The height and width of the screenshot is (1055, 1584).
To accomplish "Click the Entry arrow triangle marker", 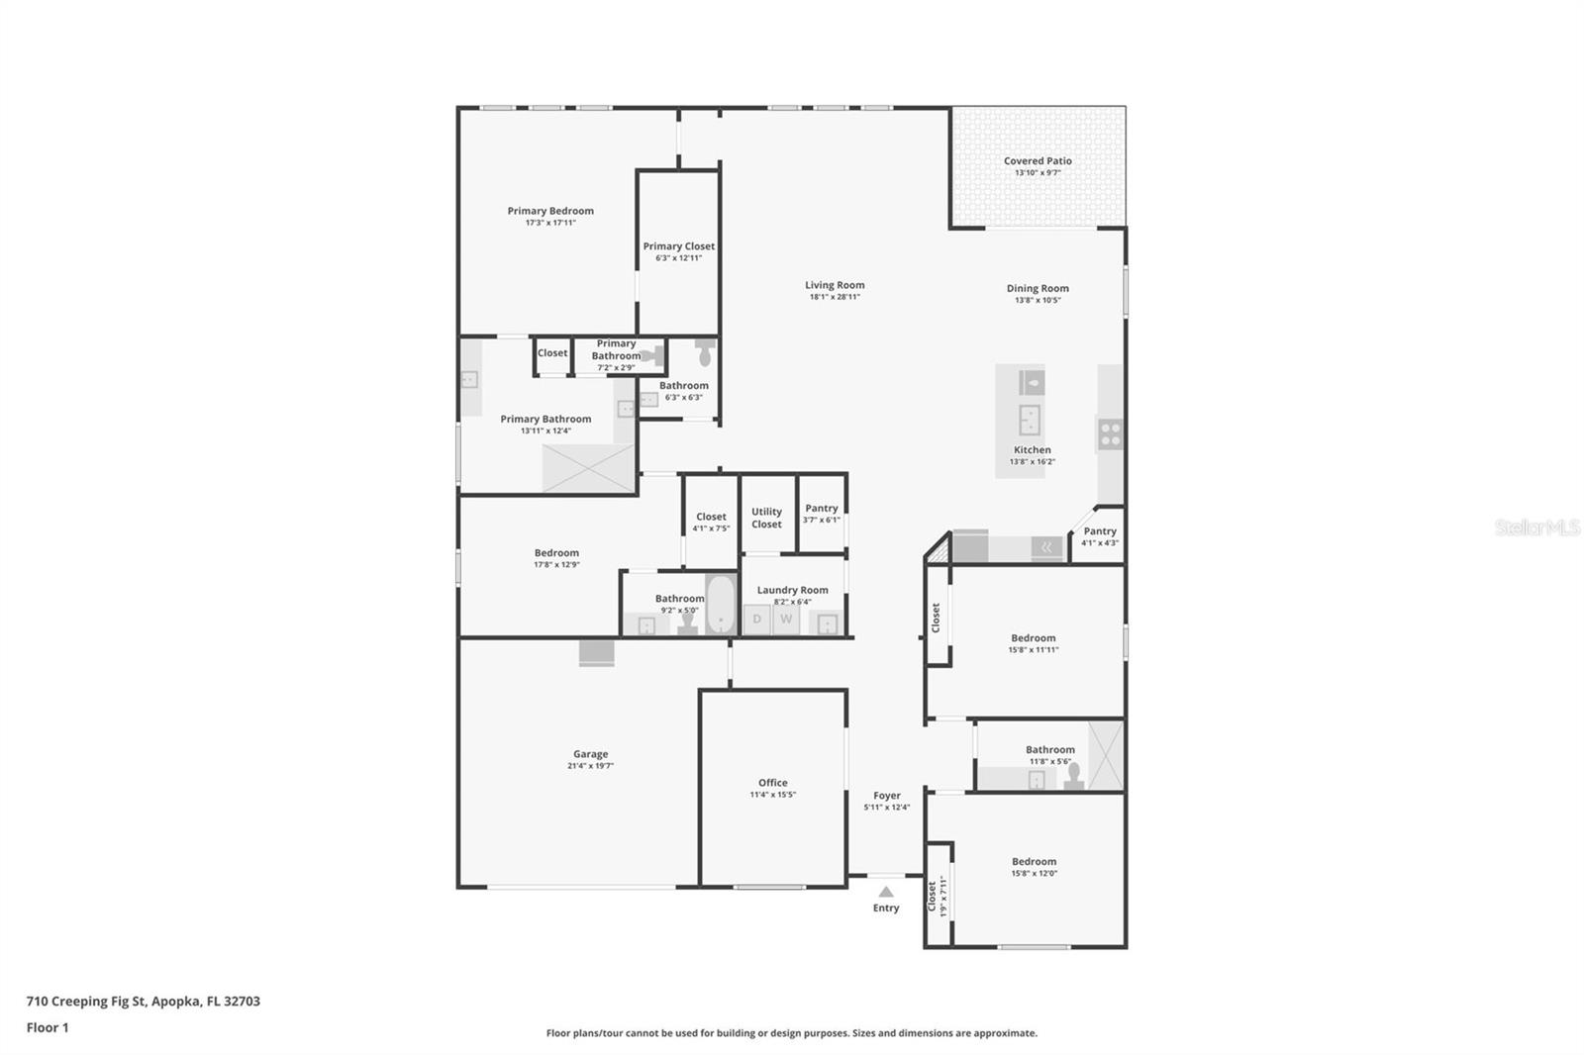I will [886, 892].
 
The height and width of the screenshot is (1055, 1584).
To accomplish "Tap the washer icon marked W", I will [786, 620].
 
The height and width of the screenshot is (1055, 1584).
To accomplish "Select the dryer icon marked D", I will [757, 620].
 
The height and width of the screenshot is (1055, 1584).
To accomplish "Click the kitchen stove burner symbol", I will [1110, 433].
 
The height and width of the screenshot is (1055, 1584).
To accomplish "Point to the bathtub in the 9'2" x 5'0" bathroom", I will [721, 604].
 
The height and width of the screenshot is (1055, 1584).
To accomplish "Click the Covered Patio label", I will [1038, 160].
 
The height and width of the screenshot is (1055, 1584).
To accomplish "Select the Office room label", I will [772, 783].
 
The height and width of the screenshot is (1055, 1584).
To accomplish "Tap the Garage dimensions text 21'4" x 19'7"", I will [590, 766].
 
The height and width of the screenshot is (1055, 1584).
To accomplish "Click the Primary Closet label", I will [678, 246].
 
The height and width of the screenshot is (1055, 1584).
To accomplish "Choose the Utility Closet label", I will [766, 518].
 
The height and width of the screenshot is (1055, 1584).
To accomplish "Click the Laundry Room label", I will [792, 590].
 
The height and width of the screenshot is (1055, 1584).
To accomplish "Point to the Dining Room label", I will [1038, 288].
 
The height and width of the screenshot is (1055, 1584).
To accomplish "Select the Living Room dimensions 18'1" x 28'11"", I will [835, 297].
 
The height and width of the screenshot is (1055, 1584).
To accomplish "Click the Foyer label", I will [886, 796].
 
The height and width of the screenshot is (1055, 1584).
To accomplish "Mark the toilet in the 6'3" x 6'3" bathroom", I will [705, 352].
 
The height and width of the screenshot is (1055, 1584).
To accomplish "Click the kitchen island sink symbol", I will [1030, 420].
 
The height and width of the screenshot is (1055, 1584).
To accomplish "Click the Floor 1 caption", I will [48, 1027].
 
